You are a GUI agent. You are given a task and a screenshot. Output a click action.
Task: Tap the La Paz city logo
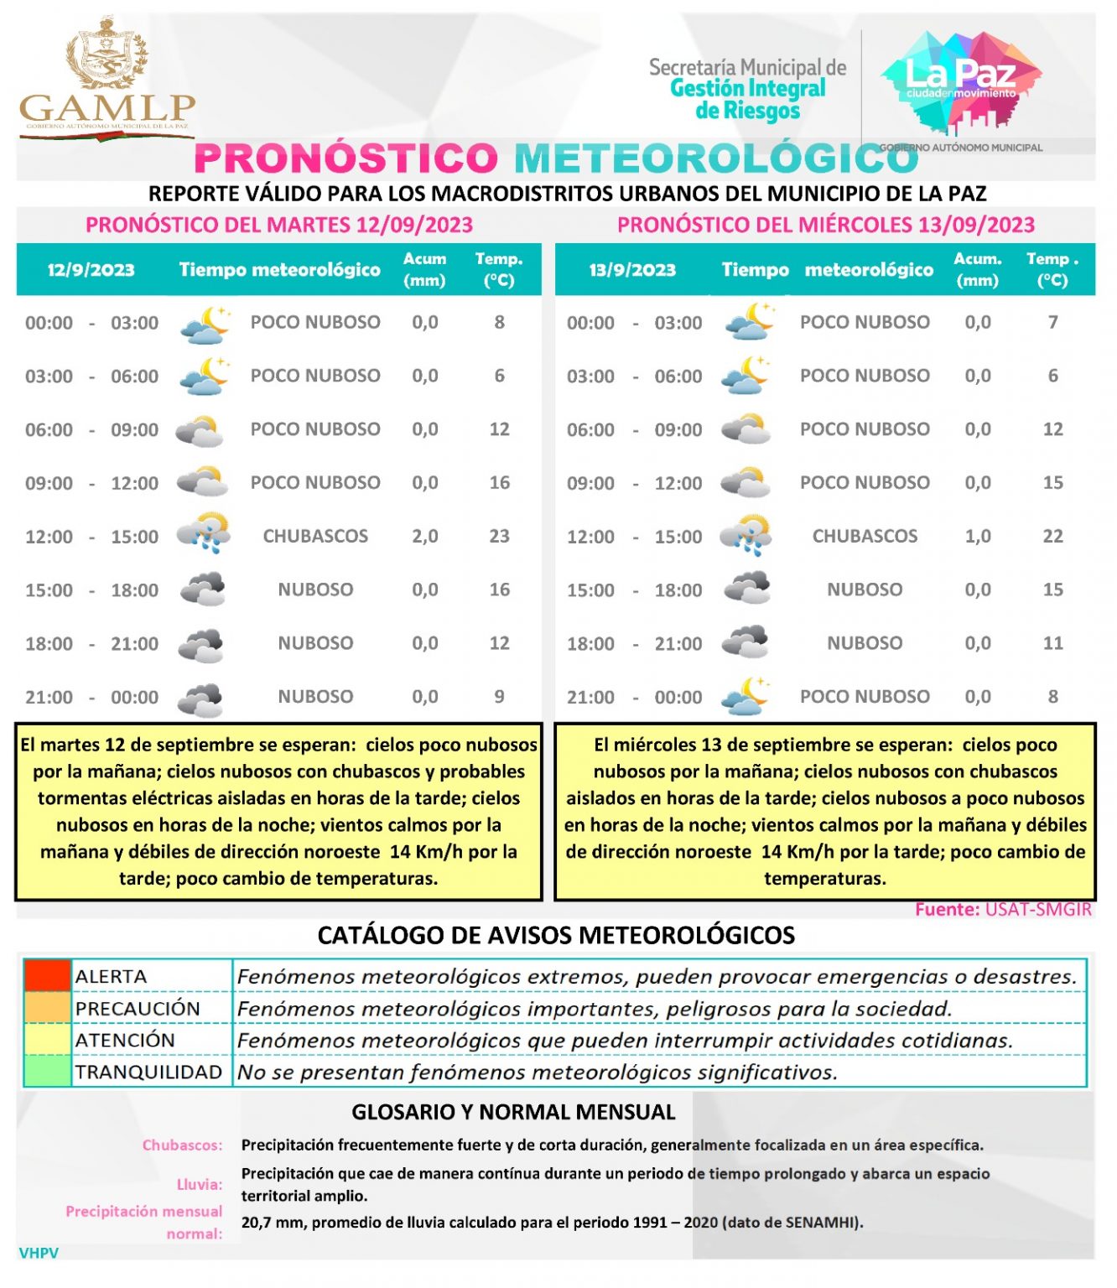(961, 82)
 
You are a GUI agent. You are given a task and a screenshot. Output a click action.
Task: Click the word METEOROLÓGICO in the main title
(716, 158)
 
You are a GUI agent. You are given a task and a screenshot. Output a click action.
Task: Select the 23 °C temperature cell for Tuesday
(499, 536)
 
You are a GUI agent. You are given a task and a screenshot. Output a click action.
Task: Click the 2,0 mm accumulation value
(424, 536)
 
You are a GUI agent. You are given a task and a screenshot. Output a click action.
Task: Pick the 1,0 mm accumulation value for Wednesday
(977, 536)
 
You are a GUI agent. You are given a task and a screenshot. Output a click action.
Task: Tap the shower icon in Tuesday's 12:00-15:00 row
(203, 534)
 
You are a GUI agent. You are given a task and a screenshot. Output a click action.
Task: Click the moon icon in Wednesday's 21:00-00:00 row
(746, 696)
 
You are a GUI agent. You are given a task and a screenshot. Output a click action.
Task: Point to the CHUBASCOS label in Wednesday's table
(865, 536)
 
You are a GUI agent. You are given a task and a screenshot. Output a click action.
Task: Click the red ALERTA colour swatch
(47, 976)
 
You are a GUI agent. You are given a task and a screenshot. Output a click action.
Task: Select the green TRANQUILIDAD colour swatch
(47, 1071)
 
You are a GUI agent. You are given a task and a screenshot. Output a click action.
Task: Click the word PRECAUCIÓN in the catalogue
(138, 1008)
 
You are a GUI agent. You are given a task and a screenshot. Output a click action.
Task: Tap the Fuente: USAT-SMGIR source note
(1003, 910)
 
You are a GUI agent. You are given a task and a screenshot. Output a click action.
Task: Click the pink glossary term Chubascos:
(182, 1145)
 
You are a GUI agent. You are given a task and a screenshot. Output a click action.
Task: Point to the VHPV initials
(39, 1253)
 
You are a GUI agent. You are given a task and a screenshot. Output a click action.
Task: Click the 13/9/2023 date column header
(632, 270)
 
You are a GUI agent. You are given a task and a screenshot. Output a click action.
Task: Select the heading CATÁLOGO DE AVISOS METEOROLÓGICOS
(556, 935)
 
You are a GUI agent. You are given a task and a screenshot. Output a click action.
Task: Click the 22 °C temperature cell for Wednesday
(1052, 536)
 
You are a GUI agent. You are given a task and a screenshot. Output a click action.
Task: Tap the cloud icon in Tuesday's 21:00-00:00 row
(202, 698)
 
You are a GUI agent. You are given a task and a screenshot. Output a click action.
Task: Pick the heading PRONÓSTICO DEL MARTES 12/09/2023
(279, 225)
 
